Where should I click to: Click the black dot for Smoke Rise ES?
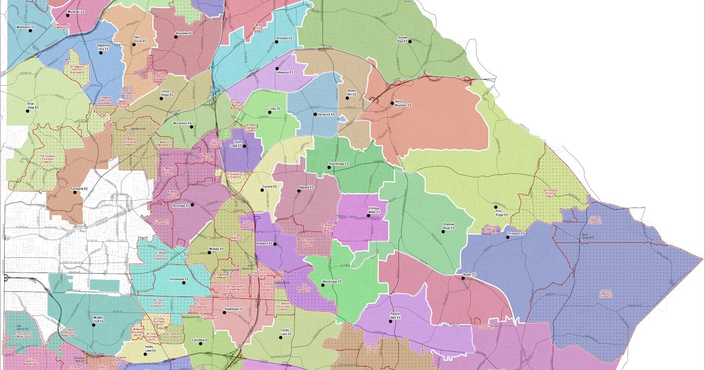(410, 41)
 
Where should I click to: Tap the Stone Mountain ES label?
(402, 105)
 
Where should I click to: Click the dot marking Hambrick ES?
(315, 114)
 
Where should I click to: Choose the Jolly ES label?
(274, 109)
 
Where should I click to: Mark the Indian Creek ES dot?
(244, 146)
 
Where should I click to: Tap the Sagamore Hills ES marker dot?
(100, 52)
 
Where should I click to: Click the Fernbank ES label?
(78, 189)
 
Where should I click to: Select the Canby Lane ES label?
(286, 332)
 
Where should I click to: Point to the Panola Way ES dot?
(390, 322)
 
